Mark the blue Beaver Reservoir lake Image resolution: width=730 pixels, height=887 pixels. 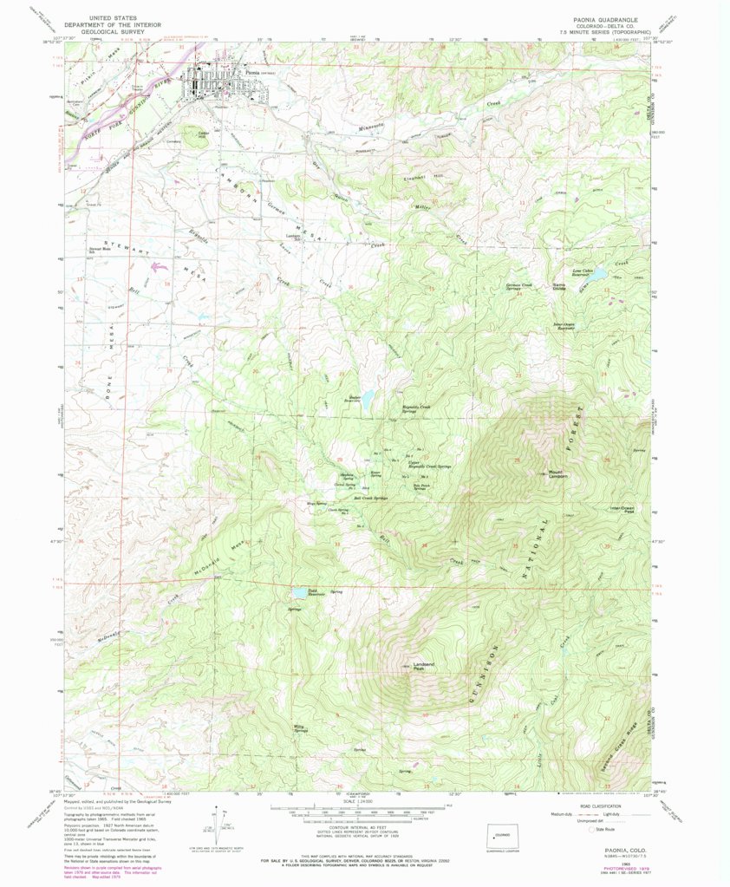(x=367, y=400)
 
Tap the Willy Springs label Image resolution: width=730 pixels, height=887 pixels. (x=301, y=729)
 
